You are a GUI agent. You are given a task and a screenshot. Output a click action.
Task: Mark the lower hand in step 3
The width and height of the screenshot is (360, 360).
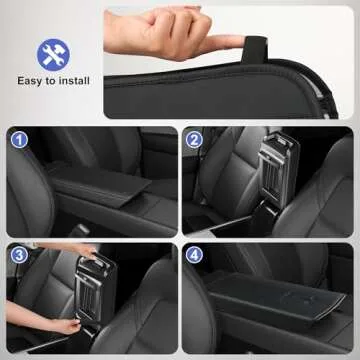point(62,325)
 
